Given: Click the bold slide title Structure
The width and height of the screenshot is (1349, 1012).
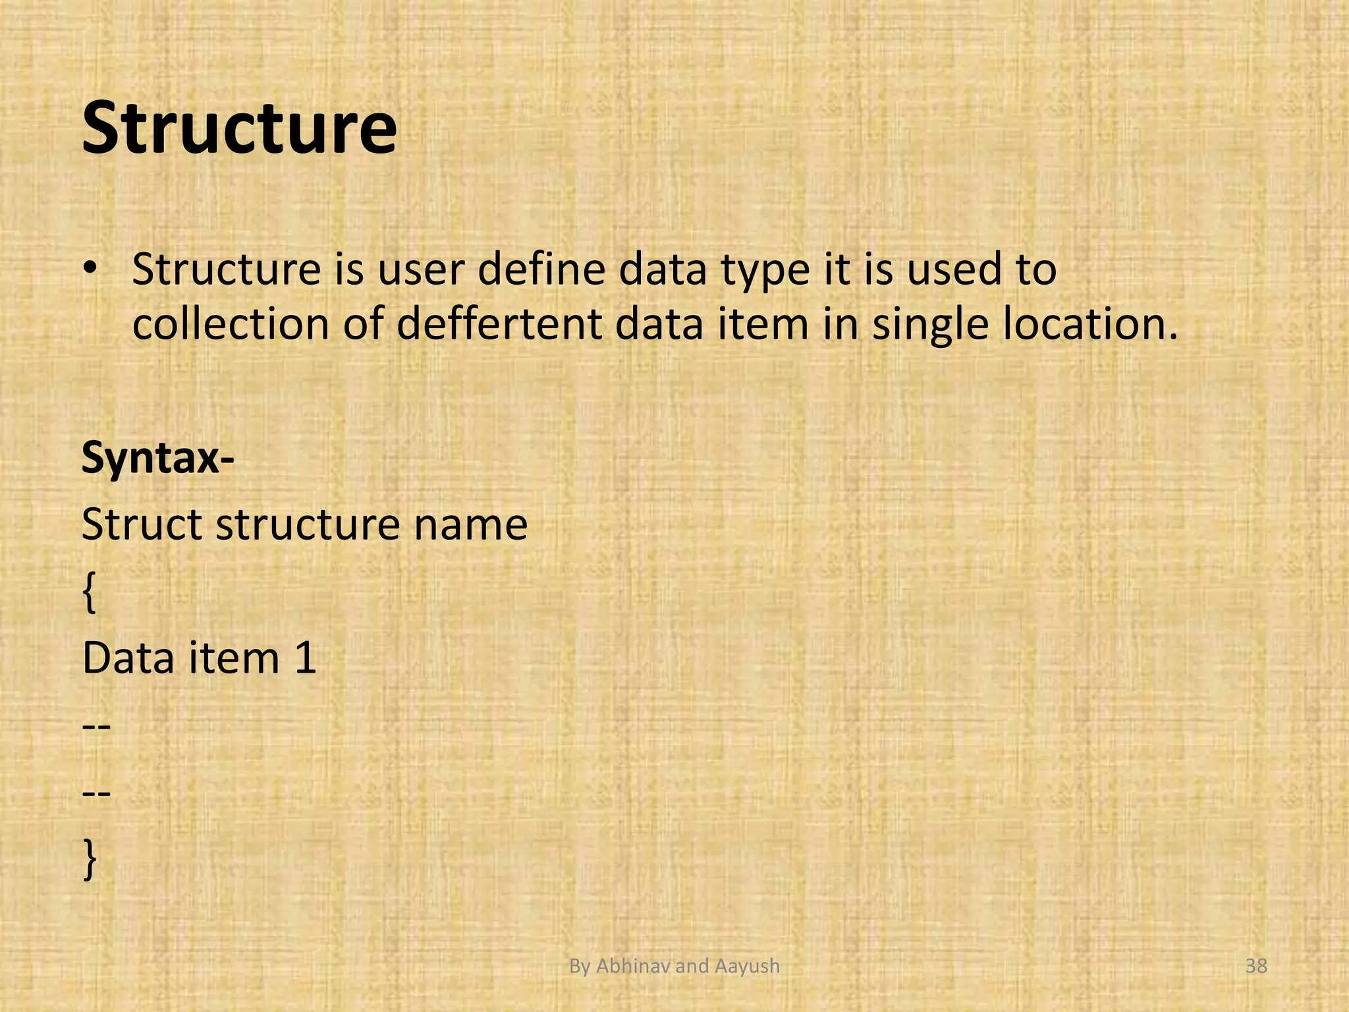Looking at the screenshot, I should tap(239, 127).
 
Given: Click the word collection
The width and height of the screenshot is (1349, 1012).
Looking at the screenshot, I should tap(231, 324).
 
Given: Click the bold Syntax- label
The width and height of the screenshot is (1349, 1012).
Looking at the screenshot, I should tap(157, 458).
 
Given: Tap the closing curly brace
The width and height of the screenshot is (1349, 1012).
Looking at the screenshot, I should tap(90, 860).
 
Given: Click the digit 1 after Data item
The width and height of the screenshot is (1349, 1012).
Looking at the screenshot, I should tap(306, 658).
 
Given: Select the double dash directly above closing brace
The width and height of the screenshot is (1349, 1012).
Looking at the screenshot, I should tap(96, 793).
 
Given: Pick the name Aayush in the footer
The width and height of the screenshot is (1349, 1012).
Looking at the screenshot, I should tap(746, 966).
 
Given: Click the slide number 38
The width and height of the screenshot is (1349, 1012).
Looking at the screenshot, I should tap(1256, 966).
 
